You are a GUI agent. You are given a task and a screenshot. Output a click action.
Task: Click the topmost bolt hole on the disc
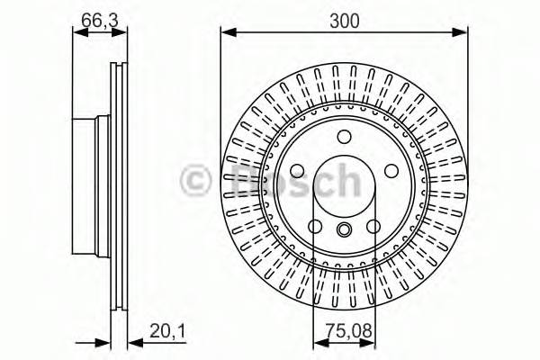(344, 137)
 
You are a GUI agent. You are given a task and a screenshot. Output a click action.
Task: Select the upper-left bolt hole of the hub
(298, 170)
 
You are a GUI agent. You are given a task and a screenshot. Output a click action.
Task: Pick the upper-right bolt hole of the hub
(390, 170)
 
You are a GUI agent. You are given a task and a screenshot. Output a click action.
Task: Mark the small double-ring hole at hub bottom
(344, 231)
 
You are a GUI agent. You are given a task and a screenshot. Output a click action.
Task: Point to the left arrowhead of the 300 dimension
(226, 34)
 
